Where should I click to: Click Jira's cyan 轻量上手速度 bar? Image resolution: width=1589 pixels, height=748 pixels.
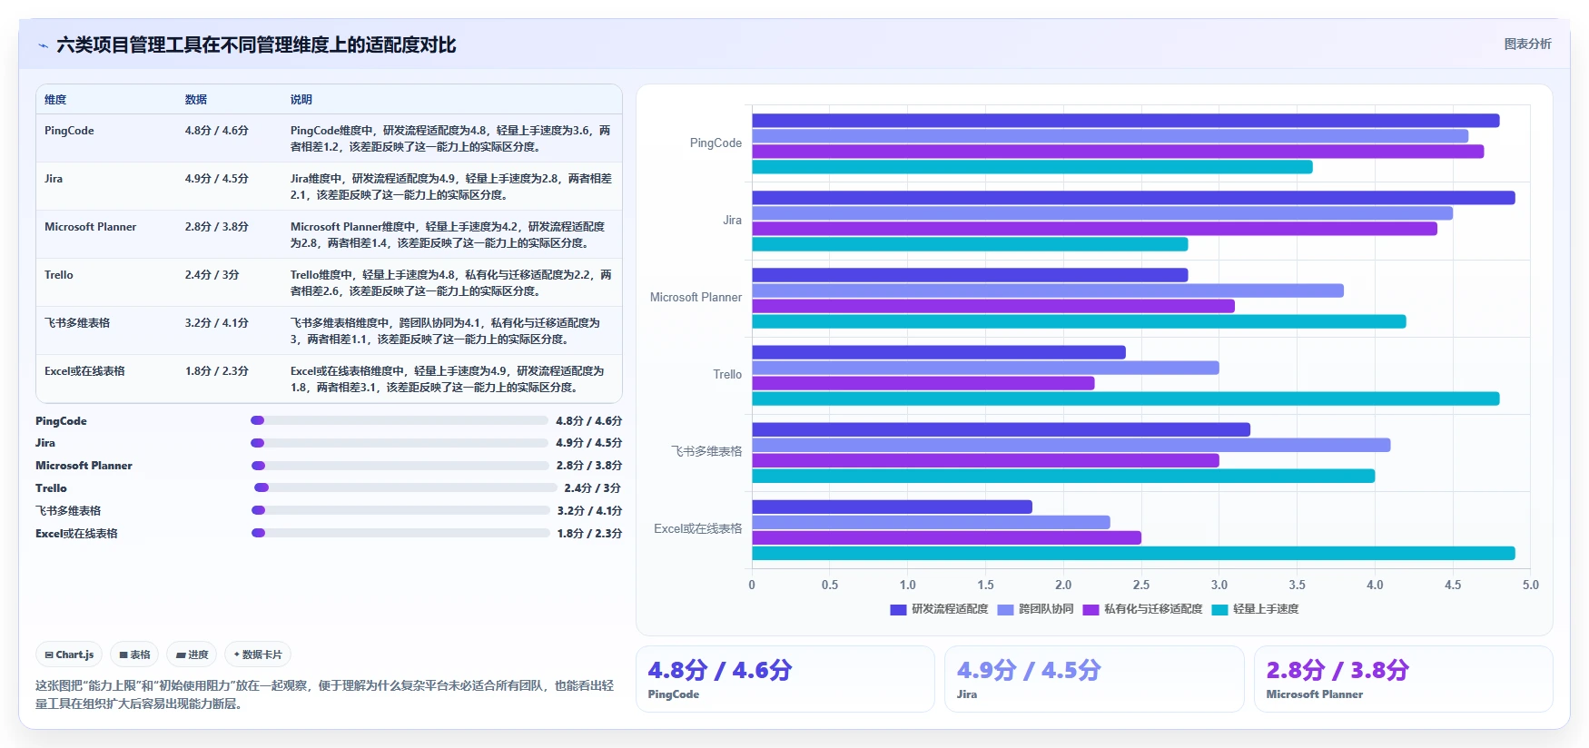tap(970, 244)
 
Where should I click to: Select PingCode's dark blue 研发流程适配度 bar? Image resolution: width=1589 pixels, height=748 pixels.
tap(1126, 121)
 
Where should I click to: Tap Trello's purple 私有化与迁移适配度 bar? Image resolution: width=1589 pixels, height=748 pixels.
tap(923, 383)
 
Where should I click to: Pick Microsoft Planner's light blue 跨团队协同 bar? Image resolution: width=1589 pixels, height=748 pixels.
tap(1048, 290)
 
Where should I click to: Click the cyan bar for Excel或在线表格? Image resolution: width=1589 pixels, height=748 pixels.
tap(1133, 553)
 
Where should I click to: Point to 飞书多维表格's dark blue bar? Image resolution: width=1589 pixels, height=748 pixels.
tap(1001, 429)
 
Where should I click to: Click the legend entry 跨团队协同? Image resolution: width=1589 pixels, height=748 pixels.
tap(1035, 609)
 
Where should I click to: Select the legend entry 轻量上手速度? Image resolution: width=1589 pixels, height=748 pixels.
tap(1255, 609)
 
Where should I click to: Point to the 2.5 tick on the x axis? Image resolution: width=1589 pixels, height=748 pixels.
tap(1141, 585)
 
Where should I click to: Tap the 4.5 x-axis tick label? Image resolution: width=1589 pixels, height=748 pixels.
tap(1453, 585)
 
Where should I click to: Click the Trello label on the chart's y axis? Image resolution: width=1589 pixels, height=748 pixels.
tap(727, 374)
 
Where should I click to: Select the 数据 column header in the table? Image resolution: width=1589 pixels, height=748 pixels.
tap(196, 100)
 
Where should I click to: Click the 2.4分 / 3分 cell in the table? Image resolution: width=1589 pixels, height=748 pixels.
tap(212, 275)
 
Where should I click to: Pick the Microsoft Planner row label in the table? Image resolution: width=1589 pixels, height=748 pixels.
tap(91, 227)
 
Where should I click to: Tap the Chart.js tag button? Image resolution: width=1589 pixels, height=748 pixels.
tap(69, 654)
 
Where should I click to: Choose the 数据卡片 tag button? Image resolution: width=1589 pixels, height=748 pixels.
tap(258, 654)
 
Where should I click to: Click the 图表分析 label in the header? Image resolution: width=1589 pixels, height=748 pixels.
tap(1528, 44)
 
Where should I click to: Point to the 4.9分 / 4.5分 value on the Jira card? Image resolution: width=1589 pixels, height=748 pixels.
tap(1029, 670)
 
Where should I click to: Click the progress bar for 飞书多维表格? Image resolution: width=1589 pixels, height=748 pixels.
tap(400, 510)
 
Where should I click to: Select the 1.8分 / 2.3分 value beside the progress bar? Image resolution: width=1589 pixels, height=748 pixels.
tap(589, 534)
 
